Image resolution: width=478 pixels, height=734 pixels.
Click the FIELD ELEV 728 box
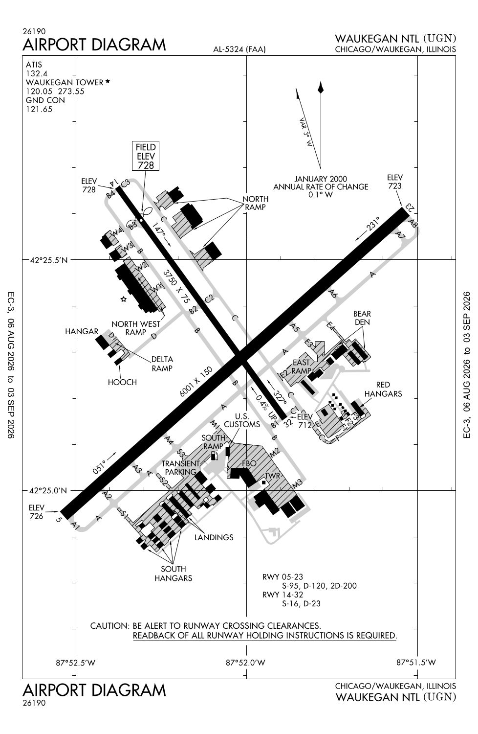tap(145, 156)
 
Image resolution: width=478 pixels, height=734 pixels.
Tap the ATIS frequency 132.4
tap(37, 73)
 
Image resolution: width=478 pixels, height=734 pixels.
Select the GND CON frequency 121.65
tap(39, 109)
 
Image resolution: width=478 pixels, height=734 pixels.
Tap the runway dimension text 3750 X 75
tap(176, 286)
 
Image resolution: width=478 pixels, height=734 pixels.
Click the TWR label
tap(272, 476)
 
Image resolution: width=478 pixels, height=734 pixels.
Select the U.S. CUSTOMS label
tap(242, 420)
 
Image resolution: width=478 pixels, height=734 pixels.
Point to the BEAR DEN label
tap(362, 318)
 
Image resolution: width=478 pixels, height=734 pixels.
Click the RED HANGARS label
tap(383, 390)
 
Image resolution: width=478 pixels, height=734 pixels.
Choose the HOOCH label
tap(123, 382)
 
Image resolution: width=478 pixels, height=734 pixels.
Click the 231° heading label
tap(373, 224)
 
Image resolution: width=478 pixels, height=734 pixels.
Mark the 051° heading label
tap(99, 467)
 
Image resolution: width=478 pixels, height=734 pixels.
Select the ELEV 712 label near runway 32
tap(305, 421)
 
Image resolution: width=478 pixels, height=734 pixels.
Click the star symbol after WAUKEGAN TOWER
tap(108, 81)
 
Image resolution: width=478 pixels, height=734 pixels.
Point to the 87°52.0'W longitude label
tap(245, 663)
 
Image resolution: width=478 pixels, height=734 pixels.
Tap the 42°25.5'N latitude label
tap(48, 260)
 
